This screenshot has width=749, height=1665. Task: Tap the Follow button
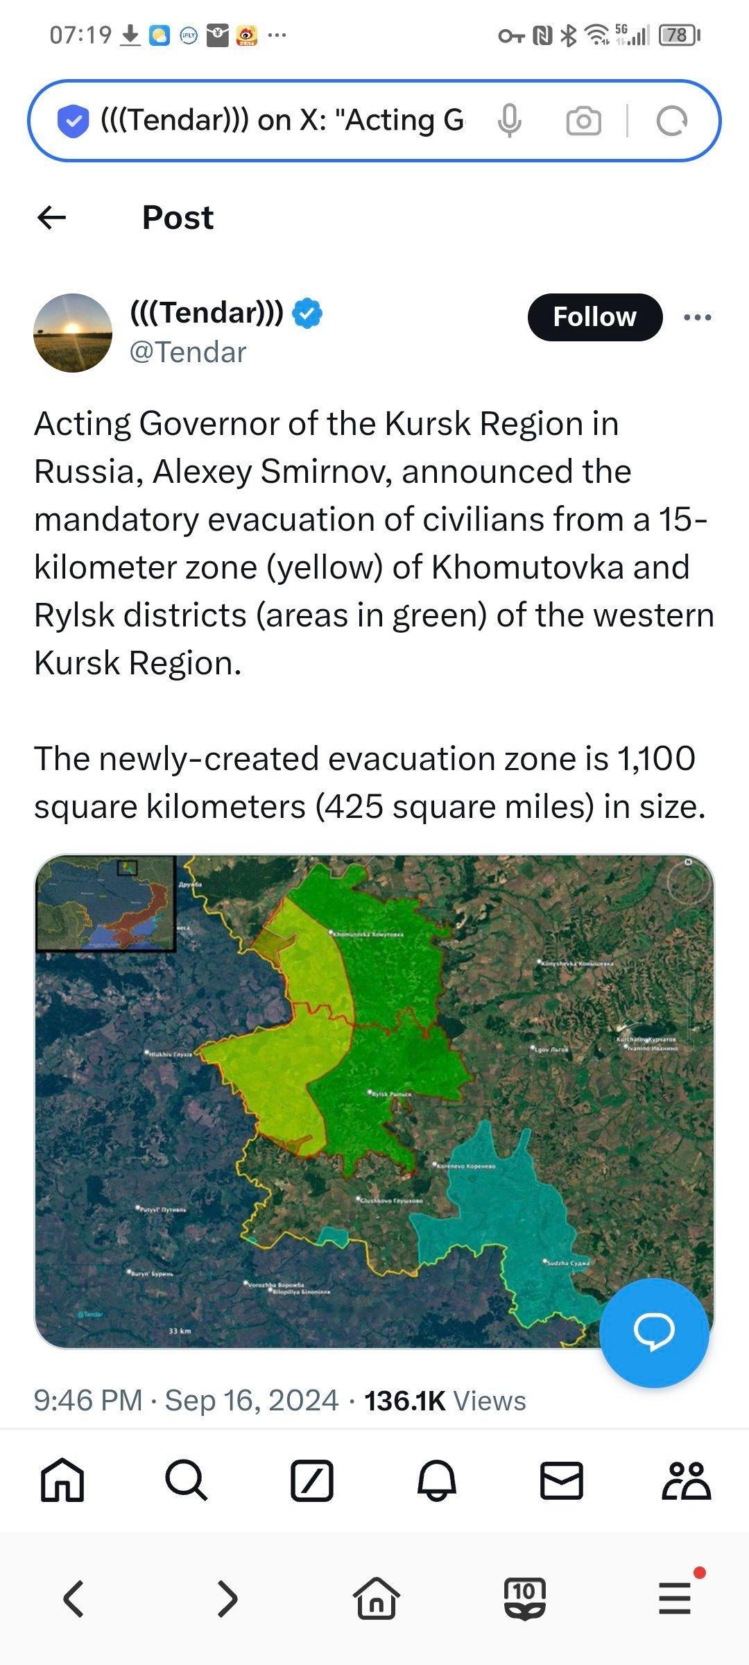594,317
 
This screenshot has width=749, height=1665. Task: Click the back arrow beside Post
52,218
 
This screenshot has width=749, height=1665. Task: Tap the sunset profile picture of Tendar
73,333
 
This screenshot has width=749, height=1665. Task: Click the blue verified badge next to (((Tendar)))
307,313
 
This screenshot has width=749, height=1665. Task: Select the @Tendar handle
188,352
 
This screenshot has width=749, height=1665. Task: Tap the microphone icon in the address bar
509,121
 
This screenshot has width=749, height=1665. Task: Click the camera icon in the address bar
583,121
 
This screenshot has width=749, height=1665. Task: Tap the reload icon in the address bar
671,121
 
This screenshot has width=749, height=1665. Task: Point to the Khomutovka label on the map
368,934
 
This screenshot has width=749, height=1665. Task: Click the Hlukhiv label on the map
170,1053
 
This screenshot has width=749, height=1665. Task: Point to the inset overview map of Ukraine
105,903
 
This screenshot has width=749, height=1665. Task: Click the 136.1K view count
404,1401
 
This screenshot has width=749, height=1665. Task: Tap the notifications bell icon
436,1481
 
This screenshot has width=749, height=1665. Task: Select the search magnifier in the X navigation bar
186,1481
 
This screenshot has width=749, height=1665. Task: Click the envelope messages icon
561,1481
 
